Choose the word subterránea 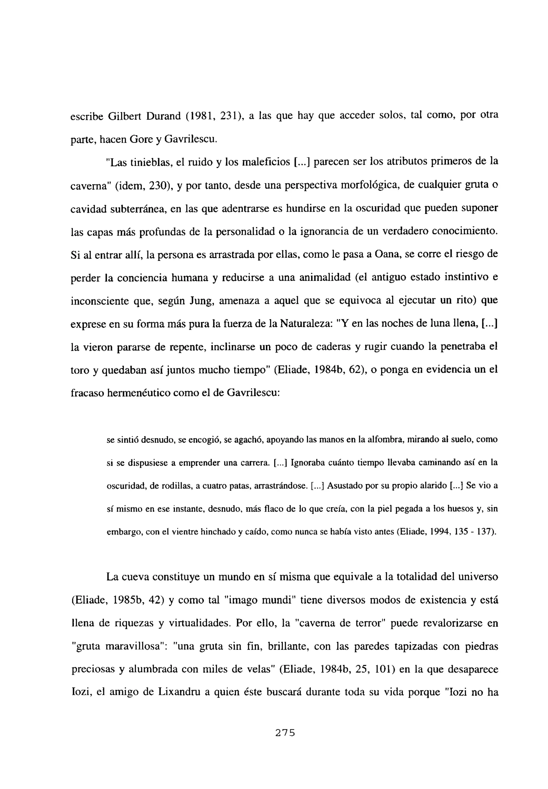(x=139, y=209)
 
